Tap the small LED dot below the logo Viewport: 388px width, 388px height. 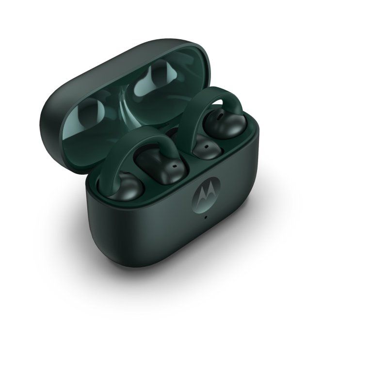206,217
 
